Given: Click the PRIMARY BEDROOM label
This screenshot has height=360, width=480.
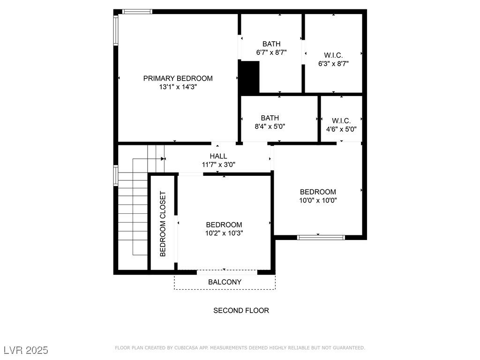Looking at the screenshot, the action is pyautogui.click(x=178, y=78).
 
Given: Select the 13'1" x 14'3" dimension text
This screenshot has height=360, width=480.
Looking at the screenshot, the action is pyautogui.click(x=178, y=87).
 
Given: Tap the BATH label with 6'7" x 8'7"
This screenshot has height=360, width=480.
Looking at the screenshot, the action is pyautogui.click(x=271, y=44).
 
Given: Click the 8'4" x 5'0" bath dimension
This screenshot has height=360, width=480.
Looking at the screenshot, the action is pyautogui.click(x=270, y=127).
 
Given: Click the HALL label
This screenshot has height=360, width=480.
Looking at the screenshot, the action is pyautogui.click(x=218, y=156).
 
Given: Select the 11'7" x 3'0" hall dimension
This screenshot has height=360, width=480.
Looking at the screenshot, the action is pyautogui.click(x=218, y=165).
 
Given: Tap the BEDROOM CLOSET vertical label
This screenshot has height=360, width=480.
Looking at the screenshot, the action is pyautogui.click(x=163, y=224).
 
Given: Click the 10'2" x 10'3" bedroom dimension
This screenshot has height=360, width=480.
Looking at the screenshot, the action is pyautogui.click(x=224, y=233).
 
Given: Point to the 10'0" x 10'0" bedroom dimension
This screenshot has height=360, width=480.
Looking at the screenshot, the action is pyautogui.click(x=318, y=201).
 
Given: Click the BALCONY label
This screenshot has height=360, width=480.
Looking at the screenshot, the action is pyautogui.click(x=225, y=282).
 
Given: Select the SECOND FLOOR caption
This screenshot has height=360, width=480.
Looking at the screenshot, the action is pyautogui.click(x=241, y=310).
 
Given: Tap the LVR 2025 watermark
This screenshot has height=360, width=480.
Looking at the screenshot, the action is pyautogui.click(x=26, y=350).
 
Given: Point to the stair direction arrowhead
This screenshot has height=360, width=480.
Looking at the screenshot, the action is pyautogui.click(x=163, y=159).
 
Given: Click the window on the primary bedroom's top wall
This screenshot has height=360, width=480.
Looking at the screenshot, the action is pyautogui.click(x=137, y=12).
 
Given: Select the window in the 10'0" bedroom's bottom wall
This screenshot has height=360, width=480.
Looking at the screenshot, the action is pyautogui.click(x=321, y=237).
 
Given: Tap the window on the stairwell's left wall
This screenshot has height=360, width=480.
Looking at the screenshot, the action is pyautogui.click(x=116, y=176).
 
